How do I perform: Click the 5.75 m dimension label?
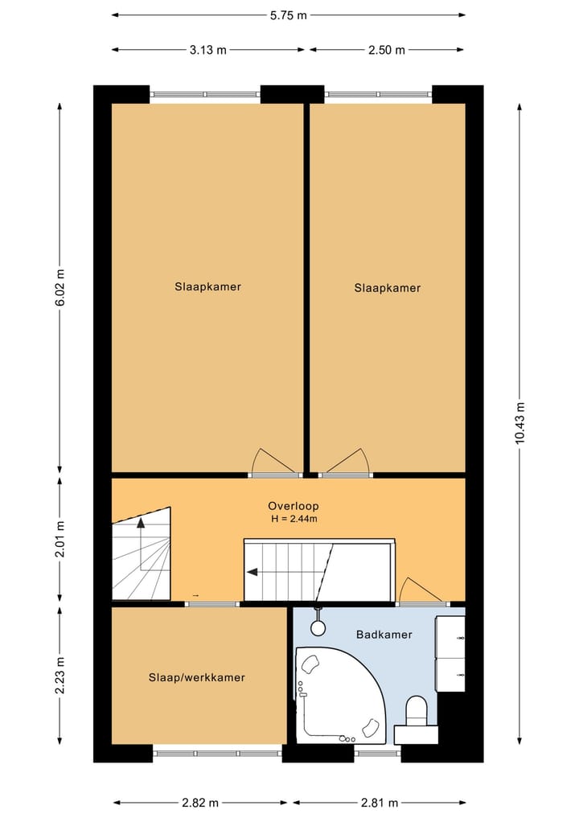point(289,15)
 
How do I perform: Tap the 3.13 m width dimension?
point(207,50)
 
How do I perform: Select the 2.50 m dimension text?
point(387,50)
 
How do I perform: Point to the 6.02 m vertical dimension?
point(60,288)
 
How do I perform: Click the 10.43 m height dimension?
point(520,424)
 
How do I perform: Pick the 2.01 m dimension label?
point(60,539)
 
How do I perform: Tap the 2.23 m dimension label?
point(60,675)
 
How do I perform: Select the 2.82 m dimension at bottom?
point(200,803)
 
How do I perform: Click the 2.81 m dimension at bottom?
point(380,803)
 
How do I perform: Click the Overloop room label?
point(294,505)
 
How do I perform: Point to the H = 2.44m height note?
point(294,519)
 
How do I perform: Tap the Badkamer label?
point(384,635)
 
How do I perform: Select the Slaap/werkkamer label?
point(197,678)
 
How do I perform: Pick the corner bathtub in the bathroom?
point(341,695)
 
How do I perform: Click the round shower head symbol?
point(318,627)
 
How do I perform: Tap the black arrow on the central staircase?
point(253,573)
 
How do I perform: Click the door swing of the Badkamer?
point(421,590)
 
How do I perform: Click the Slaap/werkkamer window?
point(217,754)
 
